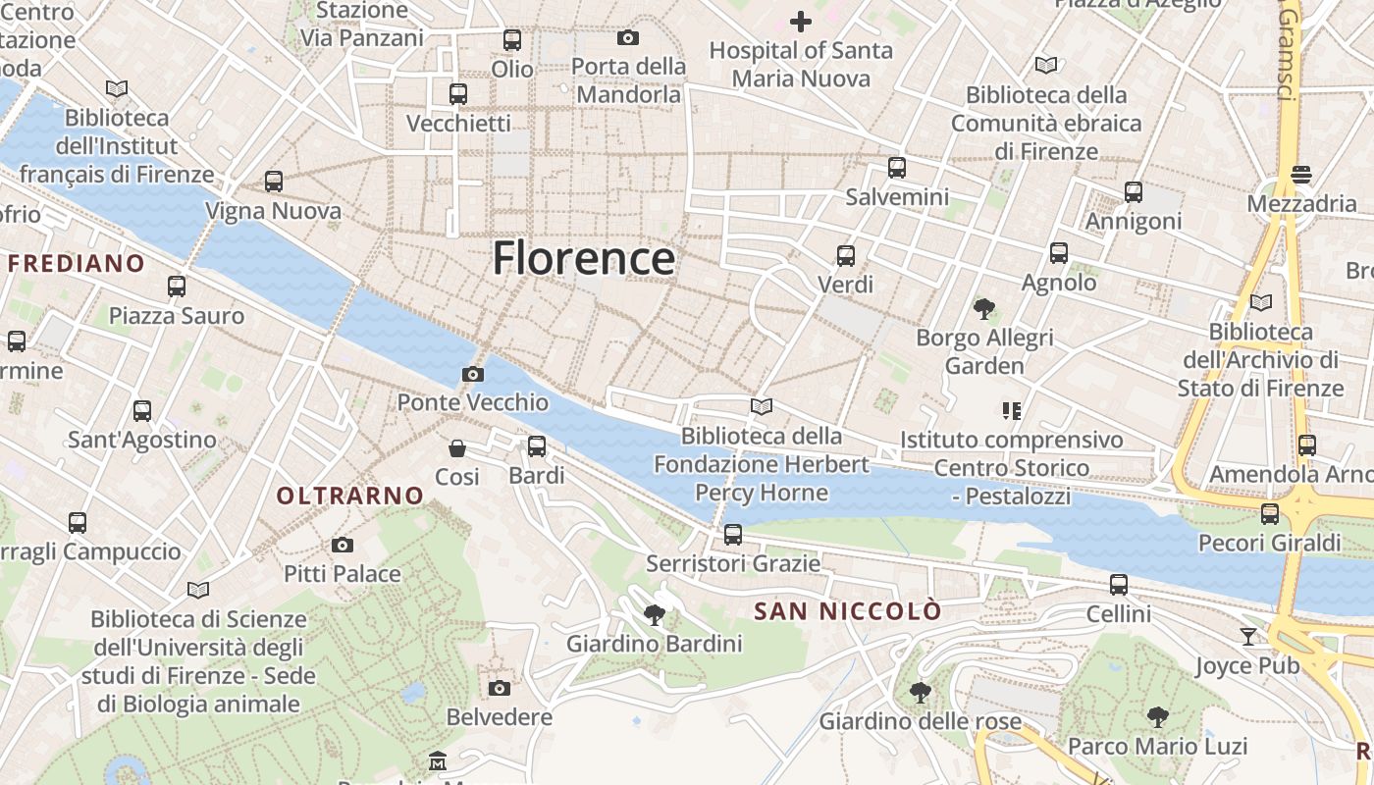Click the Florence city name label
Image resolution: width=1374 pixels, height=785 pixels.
coord(583,259)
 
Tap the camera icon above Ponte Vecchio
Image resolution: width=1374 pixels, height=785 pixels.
coord(473,374)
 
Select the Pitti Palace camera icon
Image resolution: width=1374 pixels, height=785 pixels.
coord(343,545)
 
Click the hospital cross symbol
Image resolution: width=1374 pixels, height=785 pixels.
coord(801,21)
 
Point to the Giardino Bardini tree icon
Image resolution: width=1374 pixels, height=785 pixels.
coord(654,615)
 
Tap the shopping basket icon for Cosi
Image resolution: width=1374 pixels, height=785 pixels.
coord(457,448)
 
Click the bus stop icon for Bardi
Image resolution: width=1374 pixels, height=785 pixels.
coord(537,446)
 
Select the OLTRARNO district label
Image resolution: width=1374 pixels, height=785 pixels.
coord(349,497)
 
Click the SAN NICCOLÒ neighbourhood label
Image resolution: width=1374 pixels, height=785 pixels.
coord(847,611)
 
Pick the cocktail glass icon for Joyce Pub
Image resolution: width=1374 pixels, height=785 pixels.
coord(1247,636)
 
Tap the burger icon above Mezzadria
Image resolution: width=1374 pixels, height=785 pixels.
coord(1301,175)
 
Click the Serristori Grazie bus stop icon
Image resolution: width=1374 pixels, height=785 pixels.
coord(733,535)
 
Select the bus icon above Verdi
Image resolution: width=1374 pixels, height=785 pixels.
coord(846,256)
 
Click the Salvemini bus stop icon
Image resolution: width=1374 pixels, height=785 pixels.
coord(897,168)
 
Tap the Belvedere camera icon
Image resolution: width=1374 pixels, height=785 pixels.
coord(500,688)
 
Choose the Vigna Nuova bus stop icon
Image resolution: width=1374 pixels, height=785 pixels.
coord(274,182)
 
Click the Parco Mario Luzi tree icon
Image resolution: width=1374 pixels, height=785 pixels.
coord(1158,716)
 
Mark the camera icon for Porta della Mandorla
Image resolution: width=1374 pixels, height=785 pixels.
coord(628,37)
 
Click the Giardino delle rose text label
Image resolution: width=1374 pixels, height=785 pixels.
coord(921,721)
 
